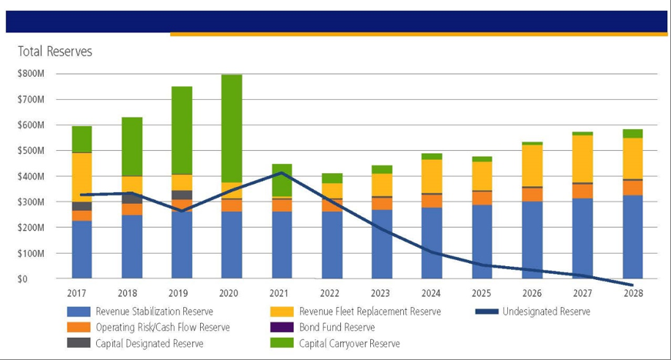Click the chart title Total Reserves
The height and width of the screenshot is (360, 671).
pos(55,52)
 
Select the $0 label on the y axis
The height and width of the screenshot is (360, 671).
pos(38,279)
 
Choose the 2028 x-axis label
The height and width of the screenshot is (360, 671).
pos(633,293)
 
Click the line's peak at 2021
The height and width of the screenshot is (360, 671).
pos(282,172)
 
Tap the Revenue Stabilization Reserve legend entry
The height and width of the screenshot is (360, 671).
pos(154,312)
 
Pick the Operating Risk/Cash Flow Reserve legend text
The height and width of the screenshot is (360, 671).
pos(162,328)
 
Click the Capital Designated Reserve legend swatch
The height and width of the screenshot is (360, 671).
pos(79,343)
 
